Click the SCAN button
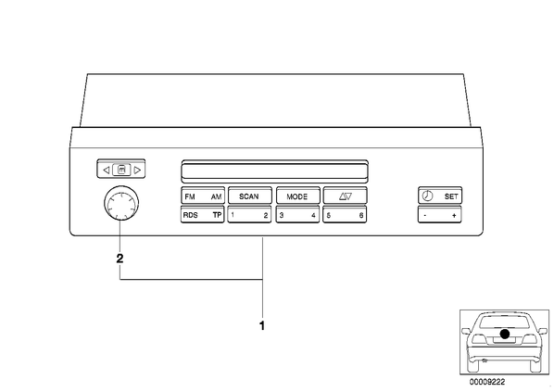(x=250, y=196)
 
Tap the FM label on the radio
(x=190, y=196)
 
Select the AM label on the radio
(x=216, y=196)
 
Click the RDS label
(x=191, y=215)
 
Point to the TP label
(x=217, y=215)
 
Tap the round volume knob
(x=121, y=203)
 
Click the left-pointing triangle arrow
(x=106, y=170)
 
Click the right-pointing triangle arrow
(x=137, y=170)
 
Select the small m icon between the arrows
(x=121, y=170)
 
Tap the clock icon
(x=427, y=196)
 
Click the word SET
(x=451, y=196)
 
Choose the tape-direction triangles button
(x=346, y=196)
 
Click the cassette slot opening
(x=274, y=171)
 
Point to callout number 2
(x=120, y=259)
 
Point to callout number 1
(x=262, y=326)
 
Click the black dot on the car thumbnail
(x=505, y=334)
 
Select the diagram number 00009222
(x=487, y=382)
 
